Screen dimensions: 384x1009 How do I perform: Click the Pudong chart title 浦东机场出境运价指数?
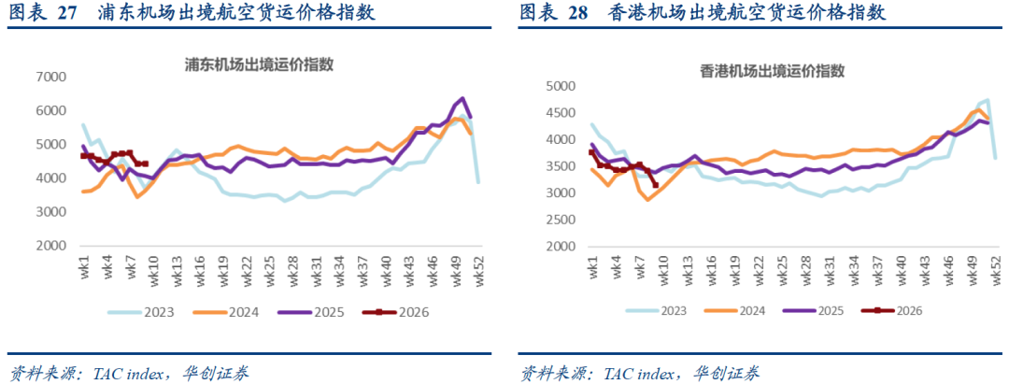click(259, 65)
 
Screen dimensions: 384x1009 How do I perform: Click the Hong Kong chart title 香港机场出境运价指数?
click(772, 71)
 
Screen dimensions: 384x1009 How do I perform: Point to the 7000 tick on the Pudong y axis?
click(52, 78)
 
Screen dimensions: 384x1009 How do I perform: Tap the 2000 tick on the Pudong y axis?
click(52, 247)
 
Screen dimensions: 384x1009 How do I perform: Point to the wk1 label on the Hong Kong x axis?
click(592, 271)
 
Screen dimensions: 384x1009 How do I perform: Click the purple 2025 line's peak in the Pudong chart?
click(462, 98)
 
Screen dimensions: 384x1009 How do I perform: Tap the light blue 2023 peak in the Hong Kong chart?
click(988, 100)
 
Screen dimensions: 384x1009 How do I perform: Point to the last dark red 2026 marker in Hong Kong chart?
click(655, 185)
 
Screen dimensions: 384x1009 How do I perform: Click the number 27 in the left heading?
click(66, 13)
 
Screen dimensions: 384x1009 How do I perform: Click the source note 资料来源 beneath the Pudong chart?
click(44, 373)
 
